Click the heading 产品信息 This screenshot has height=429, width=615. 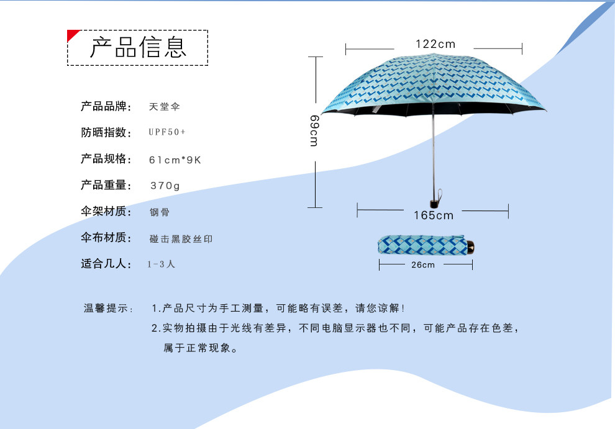coord(138,47)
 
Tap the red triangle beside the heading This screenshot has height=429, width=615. coord(72,34)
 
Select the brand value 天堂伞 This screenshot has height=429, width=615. coord(164,107)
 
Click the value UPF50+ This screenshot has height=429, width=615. coord(167,133)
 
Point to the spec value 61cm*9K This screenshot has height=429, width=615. coord(175,160)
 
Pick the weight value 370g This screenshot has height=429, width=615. coord(165,186)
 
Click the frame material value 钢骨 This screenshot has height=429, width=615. coord(159,212)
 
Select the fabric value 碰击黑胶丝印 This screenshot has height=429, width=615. coord(181,238)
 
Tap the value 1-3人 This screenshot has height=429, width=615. coord(162,264)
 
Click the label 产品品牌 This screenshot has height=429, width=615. coord(106,107)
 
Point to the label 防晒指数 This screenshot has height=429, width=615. coord(106,133)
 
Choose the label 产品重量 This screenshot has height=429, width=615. coord(106,186)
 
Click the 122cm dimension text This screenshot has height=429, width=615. coord(435,44)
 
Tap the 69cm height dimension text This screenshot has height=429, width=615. coord(314,130)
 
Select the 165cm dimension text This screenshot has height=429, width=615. coord(434,215)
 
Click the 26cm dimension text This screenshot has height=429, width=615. coord(423,265)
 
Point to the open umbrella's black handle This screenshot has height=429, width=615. coord(434,202)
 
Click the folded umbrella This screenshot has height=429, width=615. coord(422,245)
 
